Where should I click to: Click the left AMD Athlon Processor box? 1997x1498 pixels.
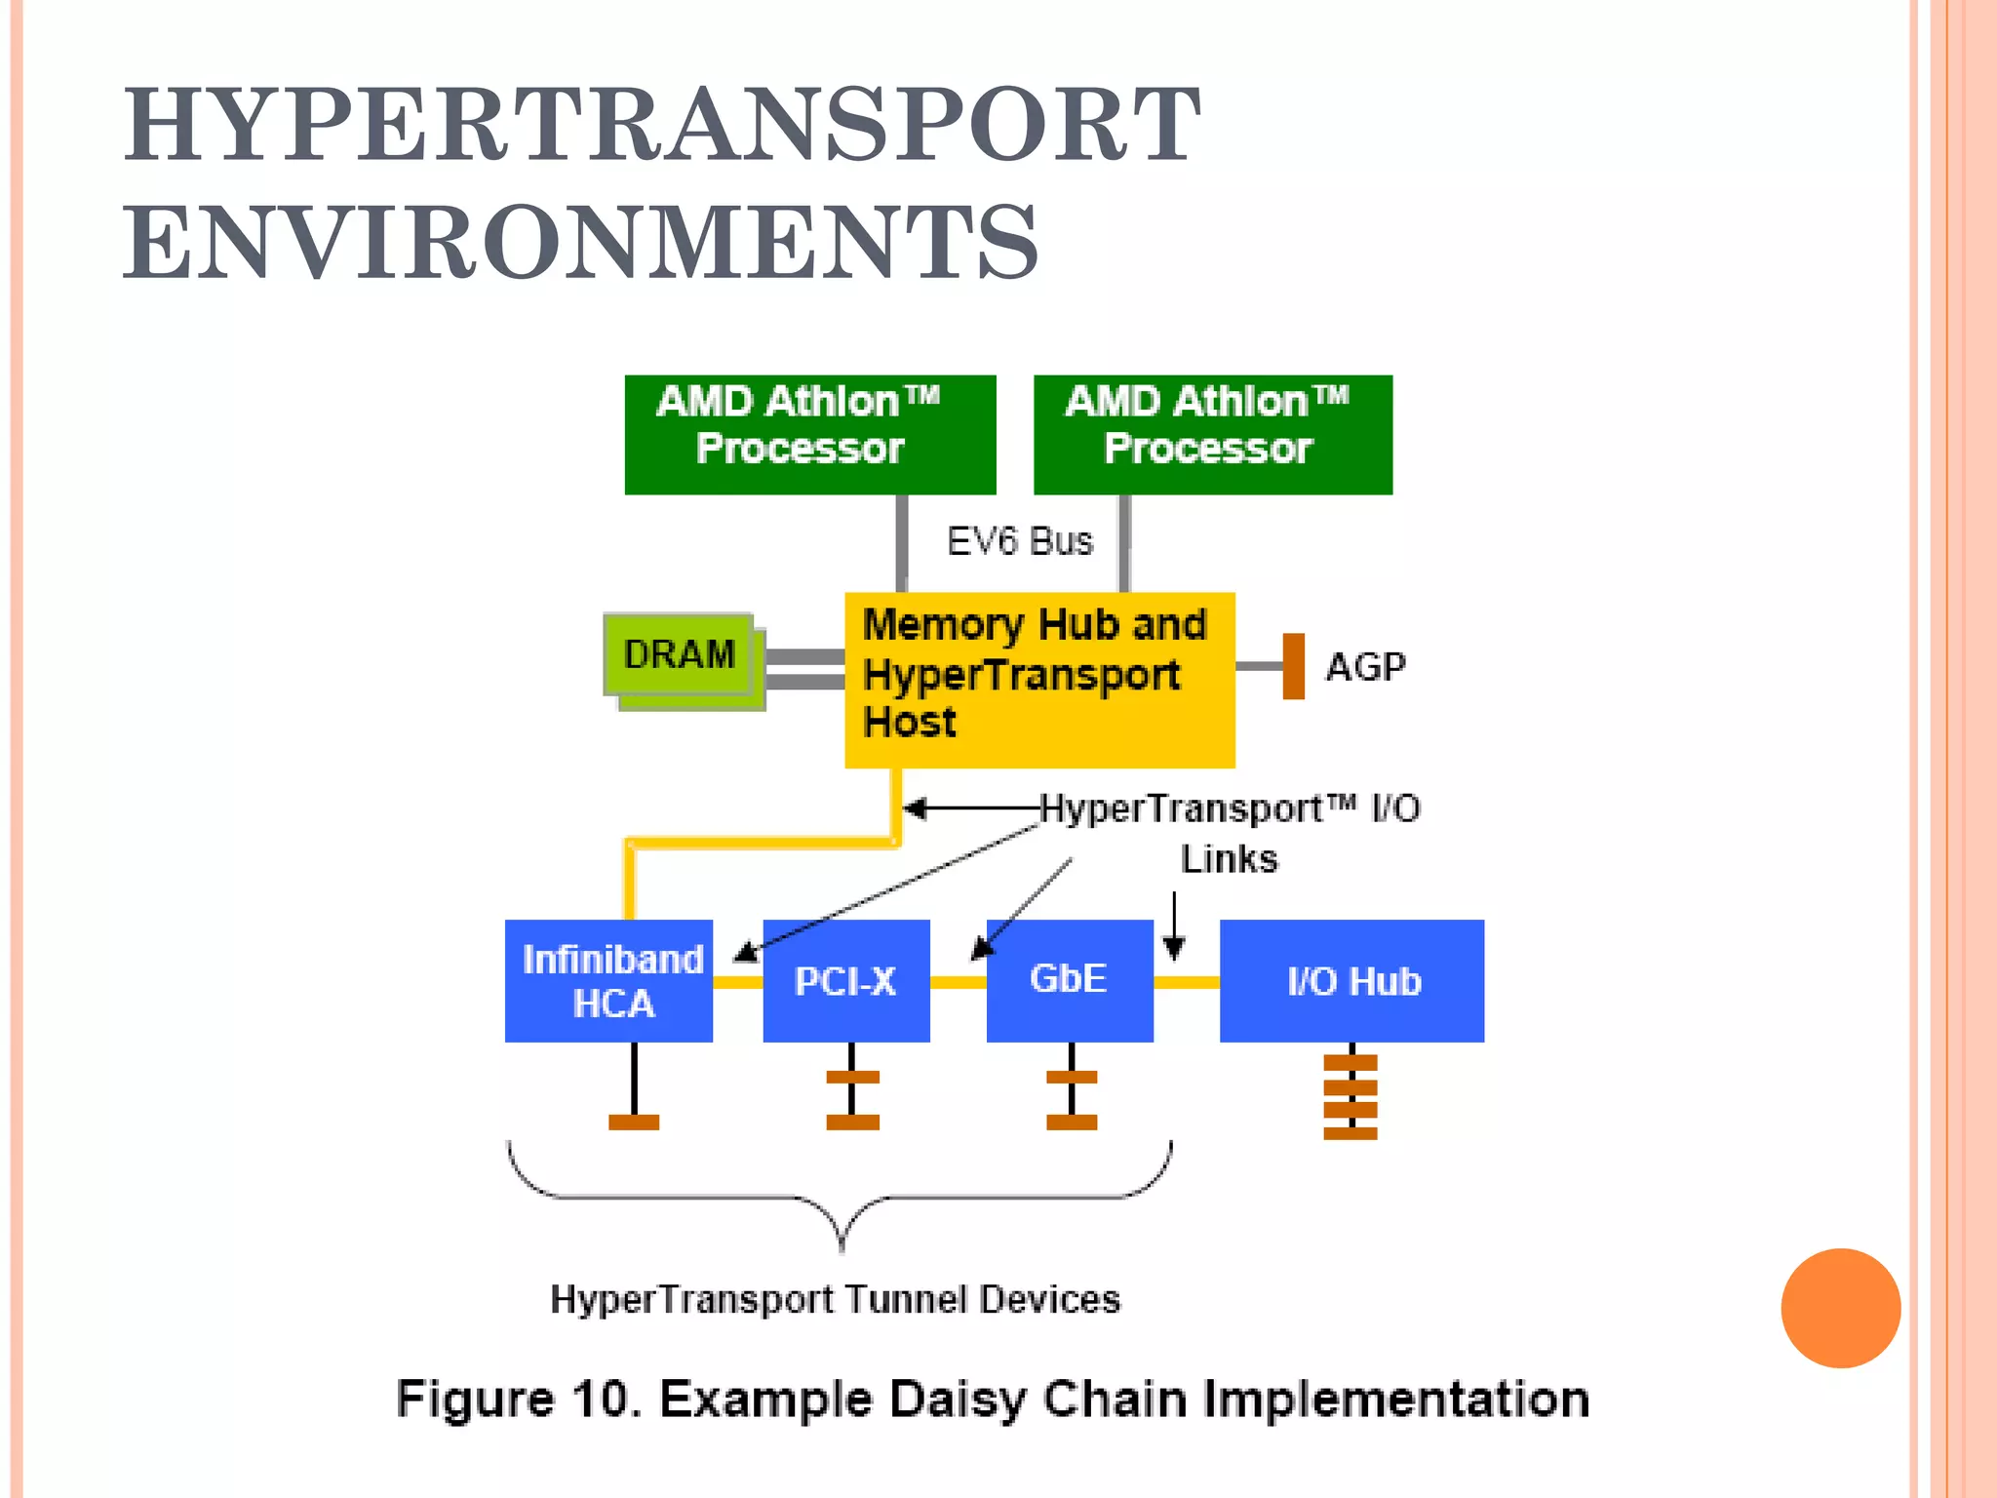click(809, 435)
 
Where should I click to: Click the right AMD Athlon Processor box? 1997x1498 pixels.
click(1212, 435)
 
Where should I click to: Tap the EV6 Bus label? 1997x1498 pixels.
click(1019, 541)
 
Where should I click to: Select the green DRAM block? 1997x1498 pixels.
click(679, 654)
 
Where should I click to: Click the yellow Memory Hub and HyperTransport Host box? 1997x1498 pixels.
click(1038, 680)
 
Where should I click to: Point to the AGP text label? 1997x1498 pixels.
click(1365, 668)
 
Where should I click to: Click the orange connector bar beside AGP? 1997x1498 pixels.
click(1293, 666)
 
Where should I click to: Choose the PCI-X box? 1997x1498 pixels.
click(845, 981)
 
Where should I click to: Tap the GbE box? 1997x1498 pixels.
click(1070, 981)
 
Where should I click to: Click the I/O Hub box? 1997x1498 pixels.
click(1351, 981)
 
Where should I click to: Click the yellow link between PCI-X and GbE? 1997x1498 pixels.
click(958, 982)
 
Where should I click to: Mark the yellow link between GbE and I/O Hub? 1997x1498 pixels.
click(1186, 982)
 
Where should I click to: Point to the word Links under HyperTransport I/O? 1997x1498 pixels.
click(1229, 859)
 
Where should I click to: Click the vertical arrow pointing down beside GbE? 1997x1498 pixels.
click(1174, 926)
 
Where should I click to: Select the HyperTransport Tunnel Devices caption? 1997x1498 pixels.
click(835, 1300)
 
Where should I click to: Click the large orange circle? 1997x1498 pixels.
click(1840, 1308)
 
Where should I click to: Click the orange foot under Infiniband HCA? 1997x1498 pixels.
click(634, 1123)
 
